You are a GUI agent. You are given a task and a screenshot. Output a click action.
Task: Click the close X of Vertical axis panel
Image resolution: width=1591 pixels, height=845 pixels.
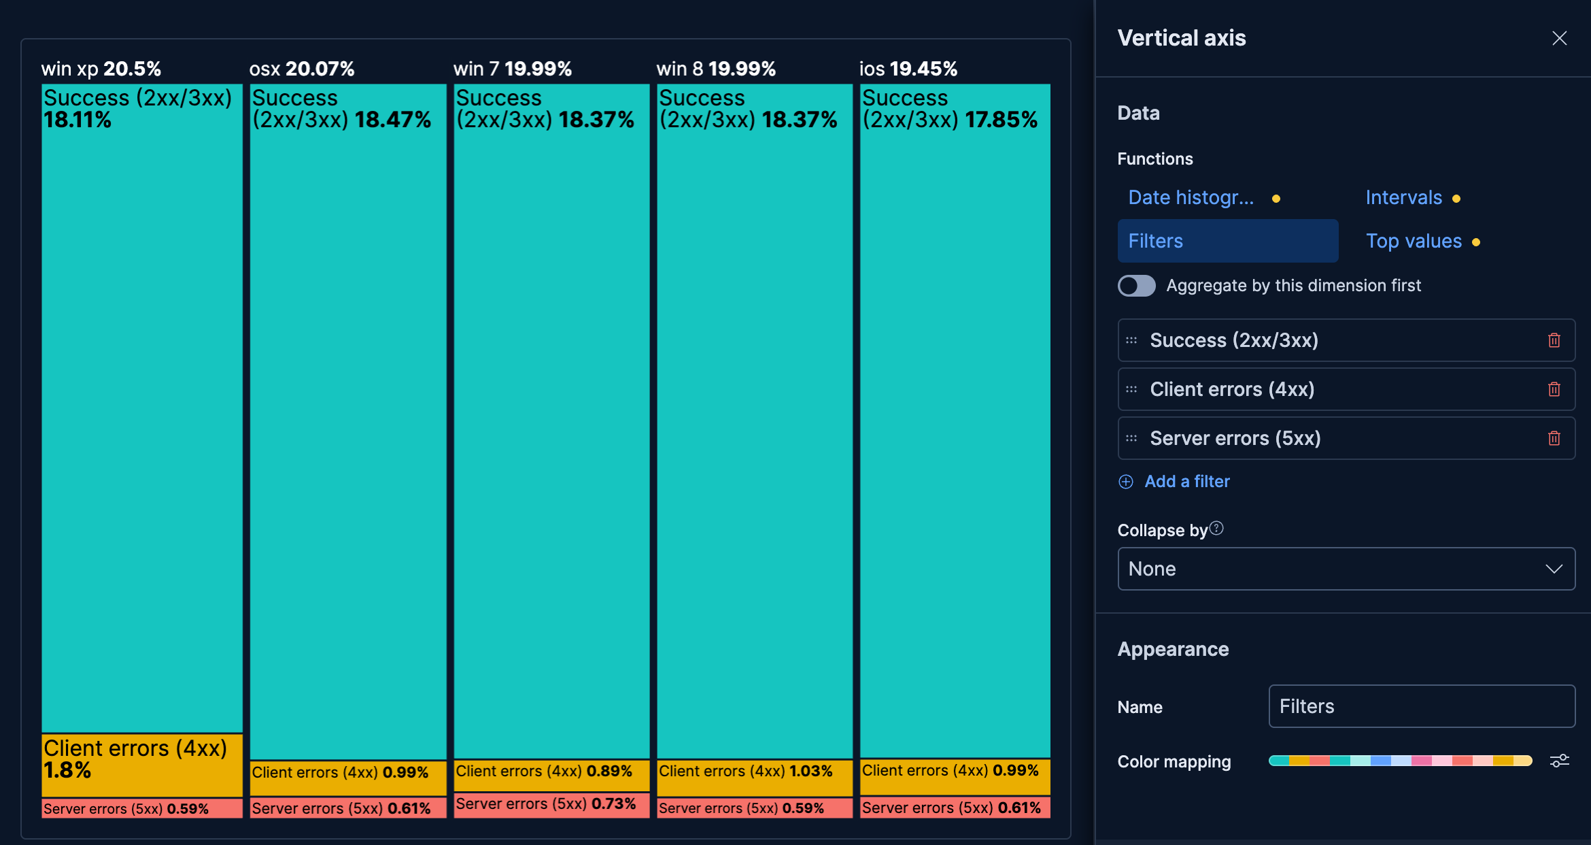[x=1559, y=38]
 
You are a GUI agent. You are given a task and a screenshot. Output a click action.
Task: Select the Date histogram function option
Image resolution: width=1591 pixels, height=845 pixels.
[x=1191, y=198]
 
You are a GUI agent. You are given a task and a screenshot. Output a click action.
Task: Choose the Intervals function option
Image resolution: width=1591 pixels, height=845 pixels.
[x=1403, y=198]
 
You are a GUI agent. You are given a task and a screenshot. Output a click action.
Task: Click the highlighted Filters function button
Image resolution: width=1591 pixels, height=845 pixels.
[x=1227, y=241]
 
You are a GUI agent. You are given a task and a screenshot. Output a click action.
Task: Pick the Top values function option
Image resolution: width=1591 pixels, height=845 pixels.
[x=1414, y=242]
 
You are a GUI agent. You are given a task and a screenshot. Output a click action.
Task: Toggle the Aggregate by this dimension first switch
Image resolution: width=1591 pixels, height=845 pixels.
[x=1136, y=286]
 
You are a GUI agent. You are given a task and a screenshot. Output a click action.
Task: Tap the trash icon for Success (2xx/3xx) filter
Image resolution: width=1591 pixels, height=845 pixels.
[x=1554, y=340]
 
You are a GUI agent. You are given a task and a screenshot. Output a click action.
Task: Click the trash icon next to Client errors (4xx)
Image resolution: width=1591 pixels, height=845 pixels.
[x=1554, y=389]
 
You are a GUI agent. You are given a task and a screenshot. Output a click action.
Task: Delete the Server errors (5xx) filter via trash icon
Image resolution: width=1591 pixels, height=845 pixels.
[x=1554, y=438]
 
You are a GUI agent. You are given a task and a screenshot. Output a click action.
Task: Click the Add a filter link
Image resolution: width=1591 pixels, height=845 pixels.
[x=1186, y=482]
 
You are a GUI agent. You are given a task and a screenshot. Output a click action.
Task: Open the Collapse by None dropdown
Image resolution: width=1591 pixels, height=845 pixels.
[x=1346, y=569]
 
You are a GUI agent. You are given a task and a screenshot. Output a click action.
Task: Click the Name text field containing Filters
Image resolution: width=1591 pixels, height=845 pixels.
[x=1421, y=706]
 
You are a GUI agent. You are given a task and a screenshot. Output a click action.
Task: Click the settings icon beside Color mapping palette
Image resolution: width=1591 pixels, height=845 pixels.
[x=1559, y=761]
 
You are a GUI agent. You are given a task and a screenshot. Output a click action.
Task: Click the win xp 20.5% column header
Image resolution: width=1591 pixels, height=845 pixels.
[x=101, y=69]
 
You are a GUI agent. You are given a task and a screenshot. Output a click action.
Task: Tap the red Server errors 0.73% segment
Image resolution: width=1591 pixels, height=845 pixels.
[x=551, y=804]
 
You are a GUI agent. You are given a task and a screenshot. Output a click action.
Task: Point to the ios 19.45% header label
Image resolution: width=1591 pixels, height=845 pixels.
[x=908, y=69]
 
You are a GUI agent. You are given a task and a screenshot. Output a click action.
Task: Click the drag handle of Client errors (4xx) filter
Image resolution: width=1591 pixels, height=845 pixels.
[x=1131, y=389]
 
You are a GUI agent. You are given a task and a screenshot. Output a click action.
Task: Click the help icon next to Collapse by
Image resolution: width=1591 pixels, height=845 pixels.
[x=1216, y=529]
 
